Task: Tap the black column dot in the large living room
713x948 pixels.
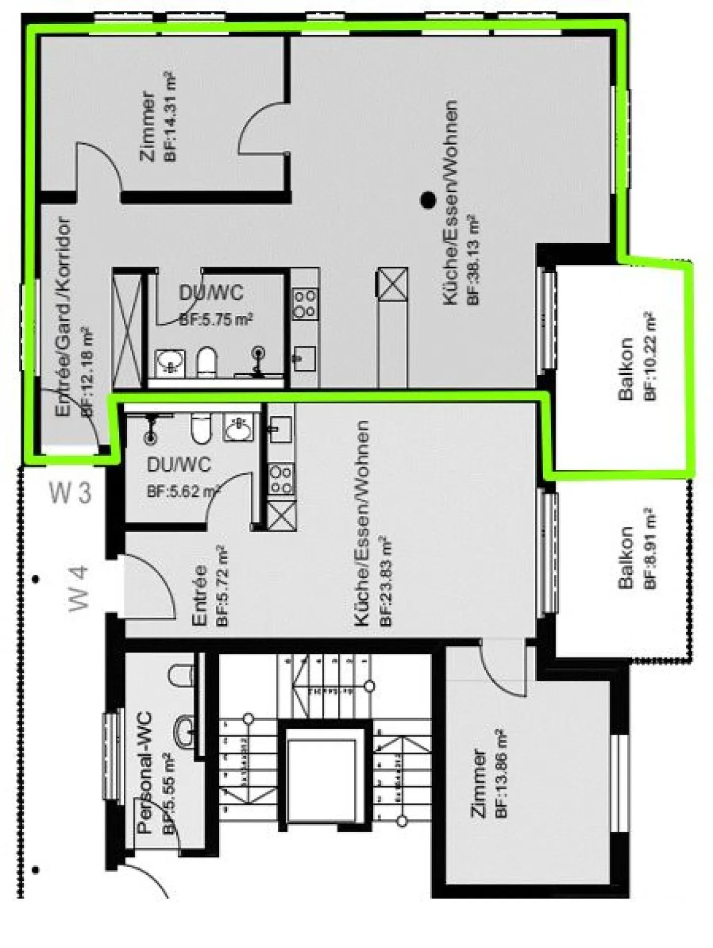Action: click(x=428, y=200)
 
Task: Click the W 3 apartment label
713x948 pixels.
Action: click(x=71, y=494)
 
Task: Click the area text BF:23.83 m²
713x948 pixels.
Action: click(x=385, y=581)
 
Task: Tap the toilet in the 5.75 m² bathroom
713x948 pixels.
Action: click(x=207, y=361)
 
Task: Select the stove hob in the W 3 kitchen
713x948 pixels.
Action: click(x=305, y=304)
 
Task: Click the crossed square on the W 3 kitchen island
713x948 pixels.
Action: click(x=393, y=284)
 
